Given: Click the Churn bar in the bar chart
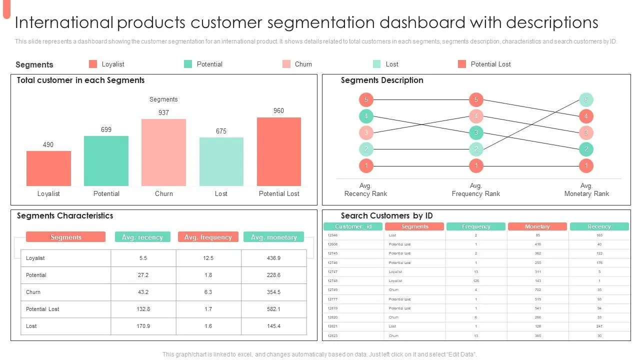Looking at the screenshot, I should pyautogui.click(x=163, y=152).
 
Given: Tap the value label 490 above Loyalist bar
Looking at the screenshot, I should pyautogui.click(x=48, y=144).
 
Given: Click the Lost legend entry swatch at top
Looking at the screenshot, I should pyautogui.click(x=377, y=64).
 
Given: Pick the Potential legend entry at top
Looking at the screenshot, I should pyautogui.click(x=209, y=64).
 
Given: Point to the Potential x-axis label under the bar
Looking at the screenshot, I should pyautogui.click(x=106, y=193).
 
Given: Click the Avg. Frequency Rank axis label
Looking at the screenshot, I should pyautogui.click(x=475, y=189).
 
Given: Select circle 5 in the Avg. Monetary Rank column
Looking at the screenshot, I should pyautogui.click(x=586, y=99).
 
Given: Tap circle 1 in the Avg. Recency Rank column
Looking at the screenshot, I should pyautogui.click(x=366, y=165).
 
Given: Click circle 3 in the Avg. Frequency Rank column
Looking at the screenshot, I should pyautogui.click(x=476, y=132).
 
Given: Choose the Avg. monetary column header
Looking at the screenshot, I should pyautogui.click(x=273, y=237).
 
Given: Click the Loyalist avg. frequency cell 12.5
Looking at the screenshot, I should pyautogui.click(x=208, y=258).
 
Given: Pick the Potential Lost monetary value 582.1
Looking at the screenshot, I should pyautogui.click(x=273, y=309).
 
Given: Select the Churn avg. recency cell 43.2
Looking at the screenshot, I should pyautogui.click(x=143, y=292).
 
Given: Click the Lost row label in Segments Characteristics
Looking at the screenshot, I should pyautogui.click(x=31, y=326).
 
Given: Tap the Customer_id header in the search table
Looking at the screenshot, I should pyautogui.click(x=353, y=226).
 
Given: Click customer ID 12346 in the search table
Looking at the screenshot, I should pyautogui.click(x=332, y=235).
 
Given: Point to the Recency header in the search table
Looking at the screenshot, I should pyautogui.click(x=599, y=226).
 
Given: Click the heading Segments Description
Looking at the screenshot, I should pyautogui.click(x=382, y=80).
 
